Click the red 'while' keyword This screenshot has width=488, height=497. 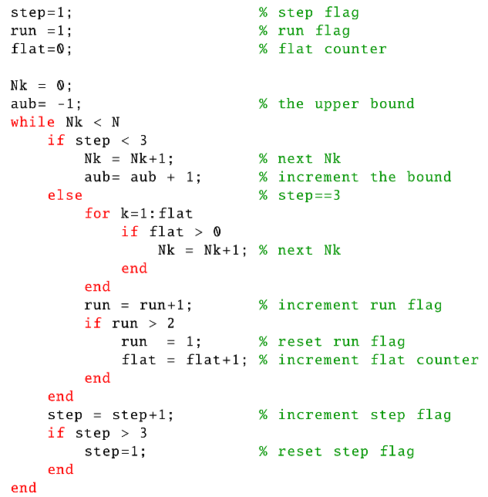coord(32,122)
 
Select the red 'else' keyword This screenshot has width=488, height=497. coord(65,195)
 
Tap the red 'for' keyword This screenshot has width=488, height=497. coord(97,214)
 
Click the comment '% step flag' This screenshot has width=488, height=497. coord(308,12)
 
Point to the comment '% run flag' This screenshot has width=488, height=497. coord(304,31)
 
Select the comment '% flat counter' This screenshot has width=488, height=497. coord(322,49)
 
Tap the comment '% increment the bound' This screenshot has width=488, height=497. coord(355,177)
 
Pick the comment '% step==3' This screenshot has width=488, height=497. coord(299,195)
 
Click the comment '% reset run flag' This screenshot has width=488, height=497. coord(332,341)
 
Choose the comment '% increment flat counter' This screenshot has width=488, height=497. coord(369,360)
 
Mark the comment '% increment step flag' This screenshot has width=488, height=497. coord(355,414)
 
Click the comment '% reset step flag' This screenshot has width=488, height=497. coord(336,451)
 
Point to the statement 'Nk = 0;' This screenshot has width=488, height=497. coord(42,86)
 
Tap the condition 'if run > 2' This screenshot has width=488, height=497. coord(130,323)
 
